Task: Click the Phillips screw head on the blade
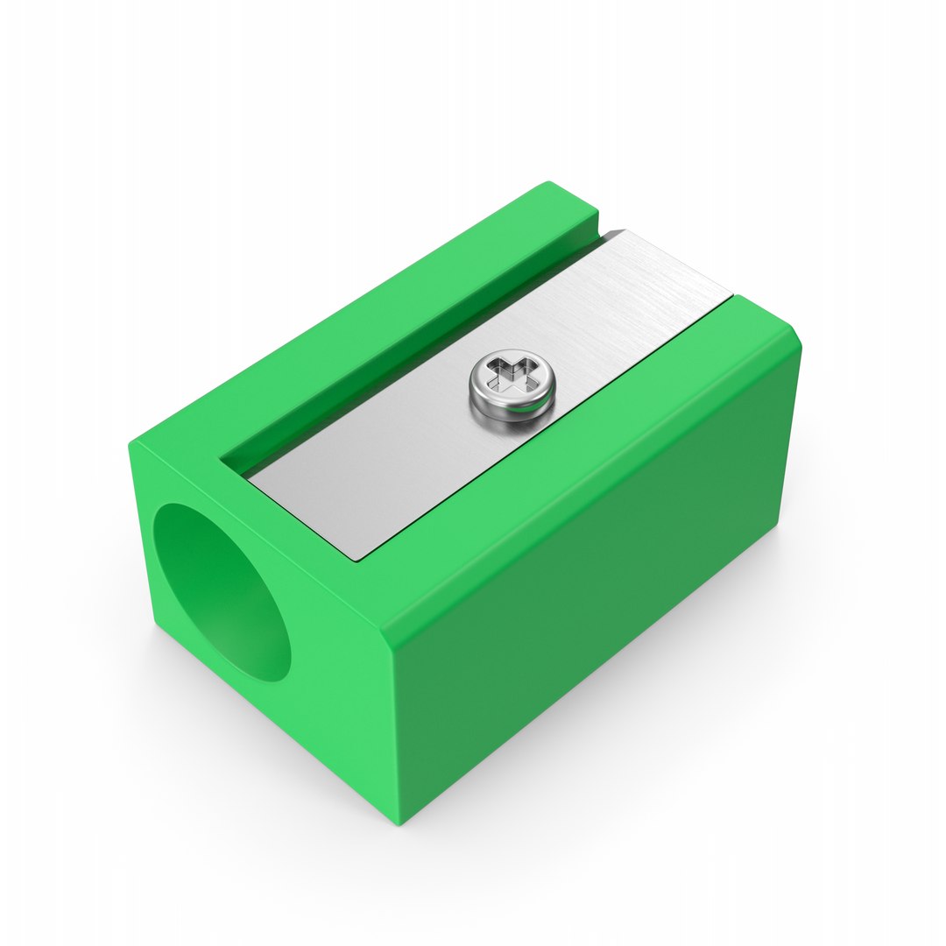[x=512, y=386]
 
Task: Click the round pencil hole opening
[x=222, y=592]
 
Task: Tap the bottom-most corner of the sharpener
[x=399, y=824]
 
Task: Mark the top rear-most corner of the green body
[x=549, y=183]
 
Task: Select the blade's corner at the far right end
[x=731, y=293]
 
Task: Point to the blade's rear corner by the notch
[x=624, y=231]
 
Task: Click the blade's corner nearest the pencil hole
[x=249, y=477]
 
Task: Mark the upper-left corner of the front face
[x=131, y=443]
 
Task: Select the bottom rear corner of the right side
[x=777, y=526]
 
